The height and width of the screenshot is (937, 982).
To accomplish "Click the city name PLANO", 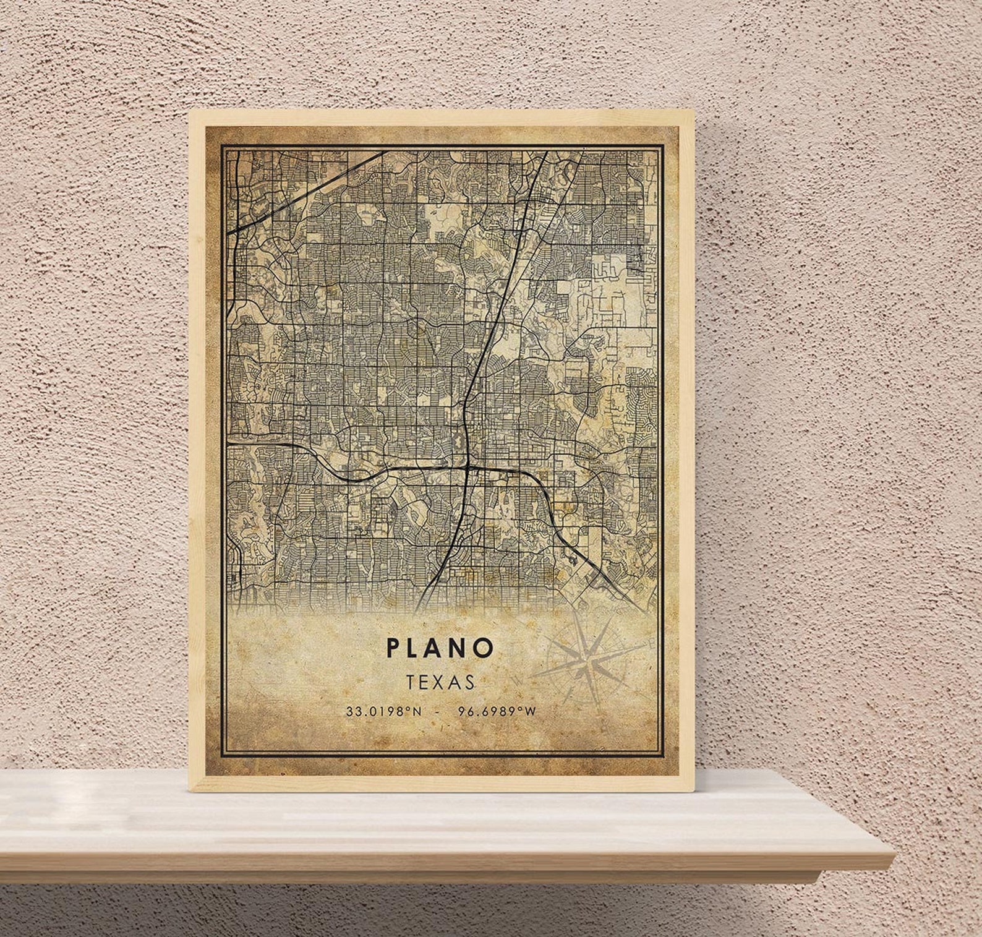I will pyautogui.click(x=440, y=648).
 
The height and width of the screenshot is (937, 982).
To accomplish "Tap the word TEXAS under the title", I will pyautogui.click(x=440, y=682).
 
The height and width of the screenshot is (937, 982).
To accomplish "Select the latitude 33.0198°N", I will pyautogui.click(x=383, y=711).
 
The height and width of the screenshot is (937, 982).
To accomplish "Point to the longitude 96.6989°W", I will pyautogui.click(x=497, y=711).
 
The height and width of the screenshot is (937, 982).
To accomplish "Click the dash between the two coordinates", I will pyautogui.click(x=438, y=711).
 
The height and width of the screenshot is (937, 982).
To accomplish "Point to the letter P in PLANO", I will pyautogui.click(x=394, y=648).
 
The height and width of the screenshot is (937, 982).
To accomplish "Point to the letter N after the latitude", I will pyautogui.click(x=416, y=711).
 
